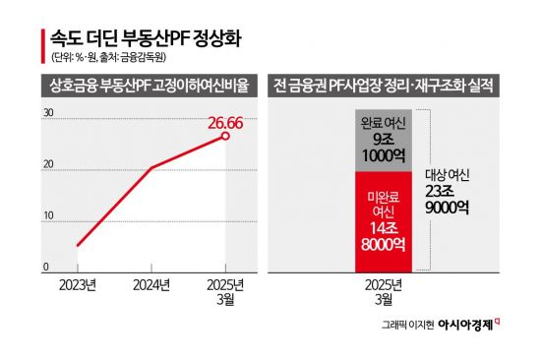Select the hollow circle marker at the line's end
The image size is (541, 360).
(x=225, y=136)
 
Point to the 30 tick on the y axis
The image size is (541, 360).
(x=48, y=114)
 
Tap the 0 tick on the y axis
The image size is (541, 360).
(x=45, y=268)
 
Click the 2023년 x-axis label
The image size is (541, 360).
(x=77, y=285)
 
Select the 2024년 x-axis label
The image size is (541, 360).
(x=150, y=285)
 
